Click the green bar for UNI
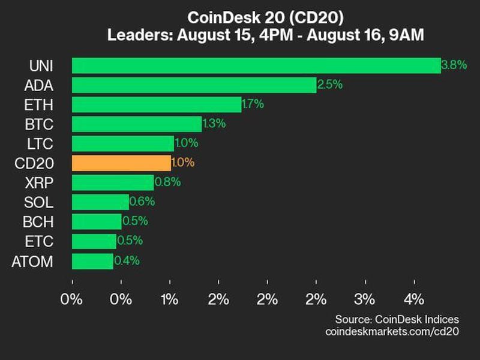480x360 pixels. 256,65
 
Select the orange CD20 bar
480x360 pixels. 121,163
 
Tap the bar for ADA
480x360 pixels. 194,85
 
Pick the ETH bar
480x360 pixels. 157,104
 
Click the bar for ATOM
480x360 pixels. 92,261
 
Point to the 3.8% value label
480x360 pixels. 454,65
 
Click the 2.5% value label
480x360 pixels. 330,85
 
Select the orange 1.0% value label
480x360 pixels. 183,163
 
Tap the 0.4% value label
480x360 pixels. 127,261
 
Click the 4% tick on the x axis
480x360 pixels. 414,299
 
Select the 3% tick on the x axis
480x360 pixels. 365,299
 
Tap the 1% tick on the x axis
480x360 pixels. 170,299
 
